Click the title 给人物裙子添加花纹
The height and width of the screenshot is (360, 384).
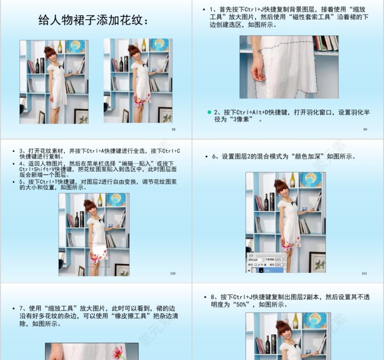pyautogui.click(x=93, y=21)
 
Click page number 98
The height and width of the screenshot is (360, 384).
pyautogui.click(x=173, y=130)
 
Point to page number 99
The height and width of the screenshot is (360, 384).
pyautogui.click(x=365, y=130)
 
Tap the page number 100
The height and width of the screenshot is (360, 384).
pyautogui.click(x=172, y=273)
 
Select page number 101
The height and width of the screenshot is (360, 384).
pyautogui.click(x=364, y=273)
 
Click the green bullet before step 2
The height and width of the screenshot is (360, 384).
pyautogui.click(x=209, y=112)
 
